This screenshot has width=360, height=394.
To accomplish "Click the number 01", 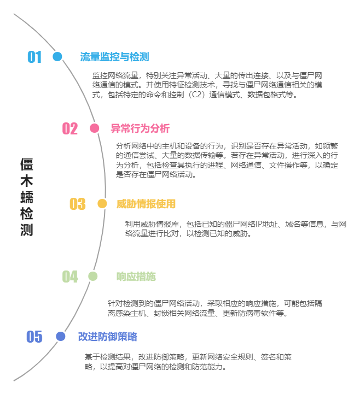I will (34, 57).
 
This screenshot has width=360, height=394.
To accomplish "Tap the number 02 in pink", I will (70, 128).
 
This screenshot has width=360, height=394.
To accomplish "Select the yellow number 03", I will (78, 204).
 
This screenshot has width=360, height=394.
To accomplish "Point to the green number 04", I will (70, 277).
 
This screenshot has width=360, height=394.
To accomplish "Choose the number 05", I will (34, 337).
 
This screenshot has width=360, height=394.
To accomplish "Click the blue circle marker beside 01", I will (57, 56).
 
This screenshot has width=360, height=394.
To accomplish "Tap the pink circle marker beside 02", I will (95, 128).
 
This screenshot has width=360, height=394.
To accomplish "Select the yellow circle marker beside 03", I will (102, 203).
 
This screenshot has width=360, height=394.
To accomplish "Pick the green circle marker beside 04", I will (93, 277).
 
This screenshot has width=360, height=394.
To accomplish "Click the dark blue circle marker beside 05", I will (60, 336).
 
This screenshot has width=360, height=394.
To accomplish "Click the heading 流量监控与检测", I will (115, 57).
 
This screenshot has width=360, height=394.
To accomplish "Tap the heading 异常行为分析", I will (140, 128).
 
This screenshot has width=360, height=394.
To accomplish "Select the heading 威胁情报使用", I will (146, 204).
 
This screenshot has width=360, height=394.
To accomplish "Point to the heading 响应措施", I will (136, 277).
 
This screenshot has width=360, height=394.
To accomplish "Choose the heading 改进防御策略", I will (107, 336).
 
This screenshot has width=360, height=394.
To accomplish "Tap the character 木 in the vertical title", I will (27, 181).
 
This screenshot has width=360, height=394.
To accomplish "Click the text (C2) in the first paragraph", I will (195, 95).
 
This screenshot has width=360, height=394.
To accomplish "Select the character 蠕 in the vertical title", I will (27, 197).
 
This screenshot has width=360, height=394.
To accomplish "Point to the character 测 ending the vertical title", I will (27, 230).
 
